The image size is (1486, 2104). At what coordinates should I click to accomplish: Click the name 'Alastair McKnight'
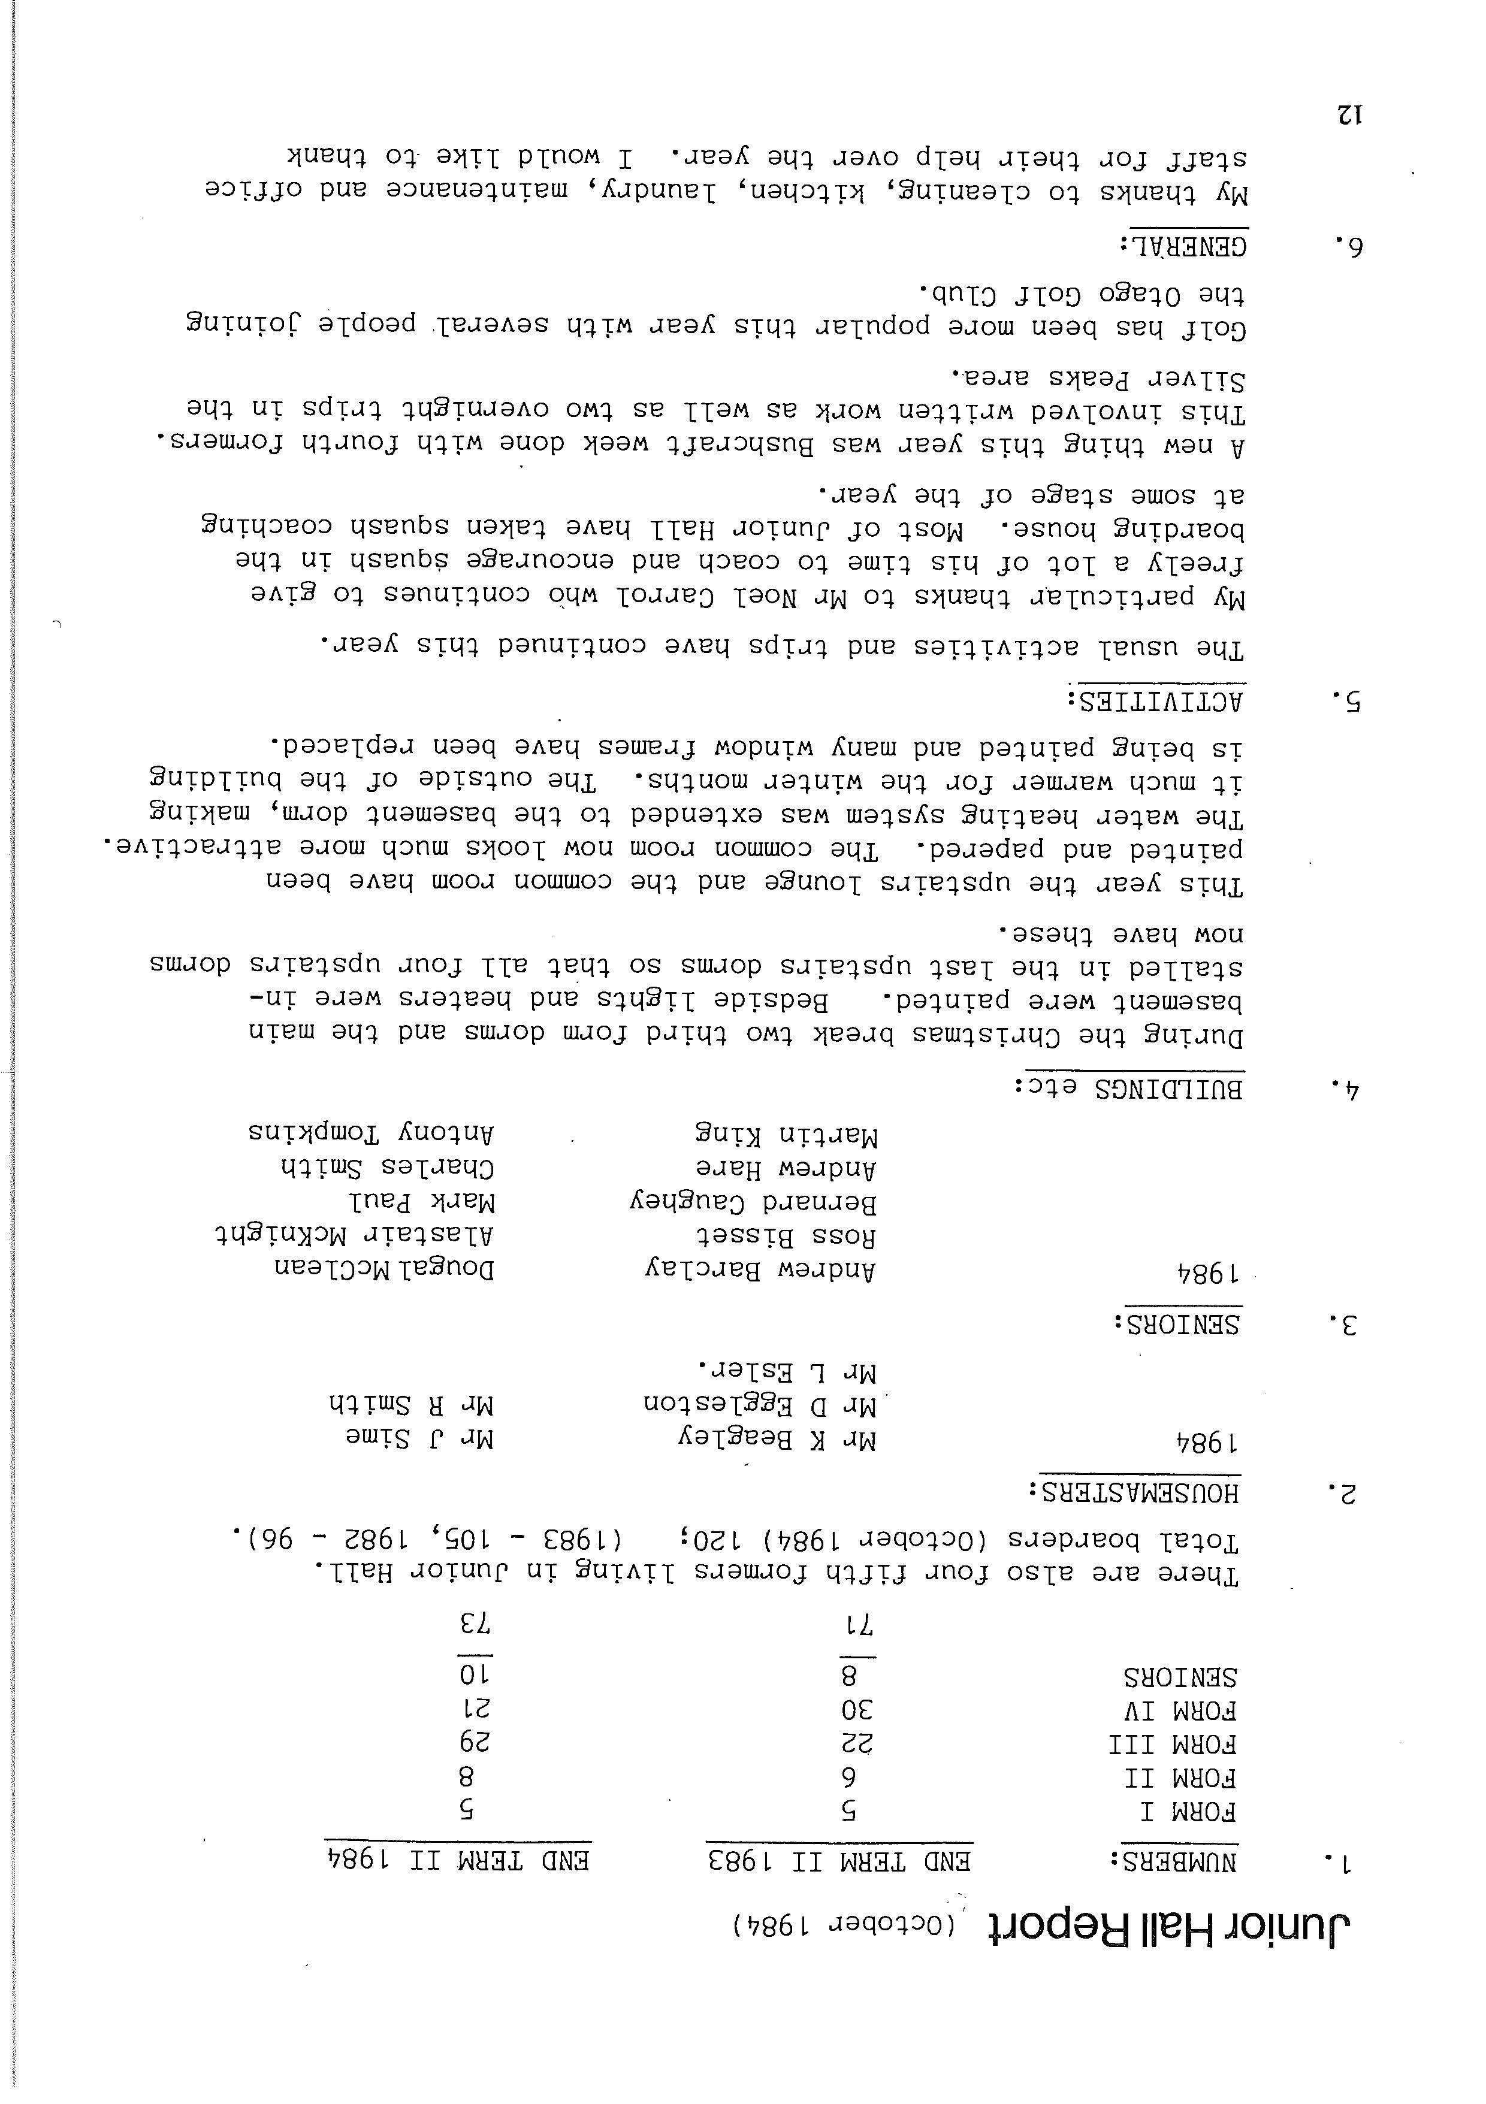pyautogui.click(x=356, y=1236)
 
